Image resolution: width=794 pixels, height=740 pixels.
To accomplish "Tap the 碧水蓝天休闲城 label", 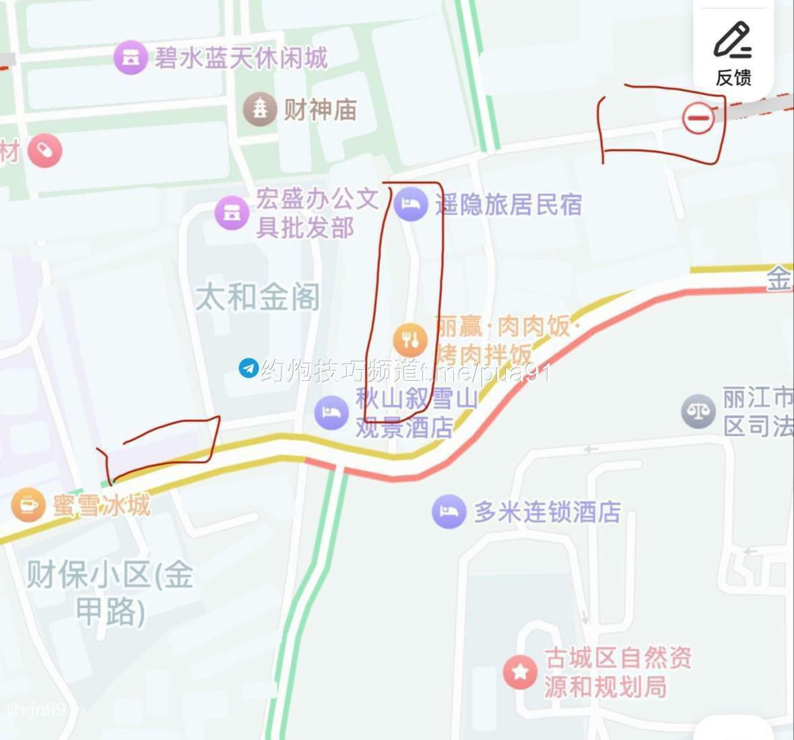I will click(241, 58).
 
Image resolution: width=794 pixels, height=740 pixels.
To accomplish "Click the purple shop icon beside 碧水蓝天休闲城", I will click(130, 57).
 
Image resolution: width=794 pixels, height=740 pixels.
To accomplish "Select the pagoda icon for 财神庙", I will click(260, 109).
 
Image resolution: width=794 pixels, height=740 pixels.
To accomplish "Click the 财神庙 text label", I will click(320, 109).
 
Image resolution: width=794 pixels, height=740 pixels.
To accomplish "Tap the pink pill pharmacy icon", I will click(45, 151).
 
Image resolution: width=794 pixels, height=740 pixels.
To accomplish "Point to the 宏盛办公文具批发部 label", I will click(317, 214).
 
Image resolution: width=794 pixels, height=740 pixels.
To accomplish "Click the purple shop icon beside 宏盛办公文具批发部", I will click(232, 212).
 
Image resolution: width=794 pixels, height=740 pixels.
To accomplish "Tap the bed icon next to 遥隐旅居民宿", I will click(411, 203).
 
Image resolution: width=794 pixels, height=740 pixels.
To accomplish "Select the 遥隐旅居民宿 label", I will click(508, 204).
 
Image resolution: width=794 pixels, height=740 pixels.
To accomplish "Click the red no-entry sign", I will click(698, 119).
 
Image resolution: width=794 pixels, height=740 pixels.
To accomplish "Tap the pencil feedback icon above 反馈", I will click(733, 40).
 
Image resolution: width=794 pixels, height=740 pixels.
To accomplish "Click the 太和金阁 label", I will click(257, 297).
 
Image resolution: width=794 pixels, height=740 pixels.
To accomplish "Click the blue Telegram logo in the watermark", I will click(249, 369).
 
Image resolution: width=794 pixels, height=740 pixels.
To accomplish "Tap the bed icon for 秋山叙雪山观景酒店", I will click(331, 412).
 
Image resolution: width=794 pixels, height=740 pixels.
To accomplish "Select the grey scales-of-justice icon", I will click(698, 411).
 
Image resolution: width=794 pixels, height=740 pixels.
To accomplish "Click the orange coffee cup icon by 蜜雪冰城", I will click(28, 504).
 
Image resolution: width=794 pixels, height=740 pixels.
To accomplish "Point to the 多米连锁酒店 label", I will click(547, 512).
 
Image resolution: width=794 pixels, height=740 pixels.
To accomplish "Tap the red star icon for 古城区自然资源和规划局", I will click(520, 672).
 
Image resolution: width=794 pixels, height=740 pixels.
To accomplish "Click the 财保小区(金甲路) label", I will click(110, 593).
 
